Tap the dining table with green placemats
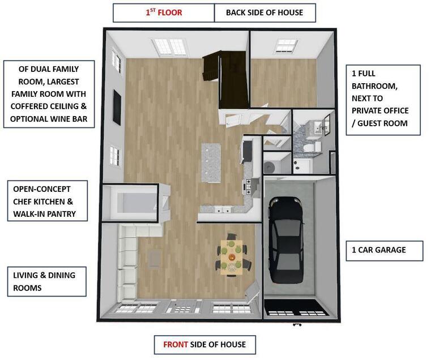232,256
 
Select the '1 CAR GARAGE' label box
385,250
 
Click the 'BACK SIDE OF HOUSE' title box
265,12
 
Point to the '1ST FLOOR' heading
164,12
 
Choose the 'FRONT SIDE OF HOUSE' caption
204,344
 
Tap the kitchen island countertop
212,162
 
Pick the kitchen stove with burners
248,185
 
